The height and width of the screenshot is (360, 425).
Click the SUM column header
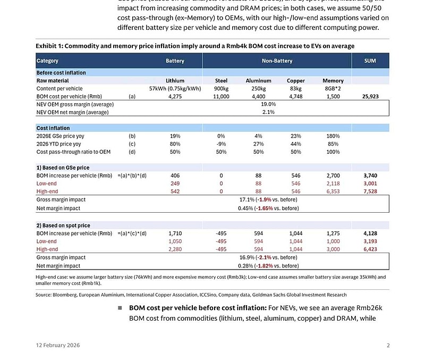pyautogui.click(x=370, y=61)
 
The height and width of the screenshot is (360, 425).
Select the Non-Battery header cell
pyautogui.click(x=277, y=61)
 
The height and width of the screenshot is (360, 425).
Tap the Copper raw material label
pyautogui.click(x=296, y=81)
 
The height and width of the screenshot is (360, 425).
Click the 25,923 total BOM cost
pyautogui.click(x=370, y=97)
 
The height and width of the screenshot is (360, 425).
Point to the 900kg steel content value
pyautogui.click(x=221, y=89)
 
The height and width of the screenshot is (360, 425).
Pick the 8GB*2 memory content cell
pyautogui.click(x=333, y=89)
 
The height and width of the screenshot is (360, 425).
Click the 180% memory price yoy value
pyautogui.click(x=333, y=136)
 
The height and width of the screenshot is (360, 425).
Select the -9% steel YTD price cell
pyautogui.click(x=221, y=144)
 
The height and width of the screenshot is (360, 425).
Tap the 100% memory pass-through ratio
pyautogui.click(x=333, y=152)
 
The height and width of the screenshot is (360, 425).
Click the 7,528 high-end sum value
pyautogui.click(x=370, y=191)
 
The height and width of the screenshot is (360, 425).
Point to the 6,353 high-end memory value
pyautogui.click(x=333, y=191)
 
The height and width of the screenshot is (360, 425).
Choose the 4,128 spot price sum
pyautogui.click(x=370, y=233)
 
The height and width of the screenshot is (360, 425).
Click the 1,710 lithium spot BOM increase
pyautogui.click(x=175, y=233)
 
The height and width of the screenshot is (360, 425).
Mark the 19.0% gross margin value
pyautogui.click(x=268, y=105)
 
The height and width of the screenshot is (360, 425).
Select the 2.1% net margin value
pyautogui.click(x=268, y=113)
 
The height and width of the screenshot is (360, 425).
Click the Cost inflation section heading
pyautogui.click(x=53, y=128)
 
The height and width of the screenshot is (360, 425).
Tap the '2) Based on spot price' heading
pyautogui.click(x=64, y=225)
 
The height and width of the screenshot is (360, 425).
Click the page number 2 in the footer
pyautogui.click(x=388, y=346)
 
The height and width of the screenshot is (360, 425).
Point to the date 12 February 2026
pyautogui.click(x=58, y=346)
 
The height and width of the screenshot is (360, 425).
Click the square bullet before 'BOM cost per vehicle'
pyautogui.click(x=120, y=308)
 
